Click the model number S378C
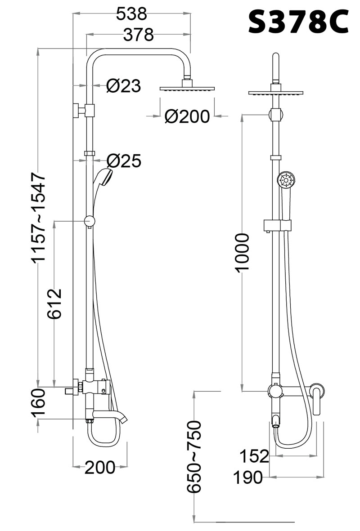[298, 21]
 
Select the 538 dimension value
[131, 13]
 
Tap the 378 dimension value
[138, 34]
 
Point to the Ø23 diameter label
[123, 86]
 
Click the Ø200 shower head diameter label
[187, 116]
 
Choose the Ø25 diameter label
[124, 161]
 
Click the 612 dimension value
[54, 303]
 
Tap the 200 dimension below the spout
[99, 468]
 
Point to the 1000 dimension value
[243, 252]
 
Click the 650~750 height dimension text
[194, 456]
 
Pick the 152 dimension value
[255, 456]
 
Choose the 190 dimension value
[248, 477]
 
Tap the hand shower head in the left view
[104, 178]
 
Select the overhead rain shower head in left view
[187, 89]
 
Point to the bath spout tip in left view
[124, 420]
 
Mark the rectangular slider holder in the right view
[277, 225]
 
